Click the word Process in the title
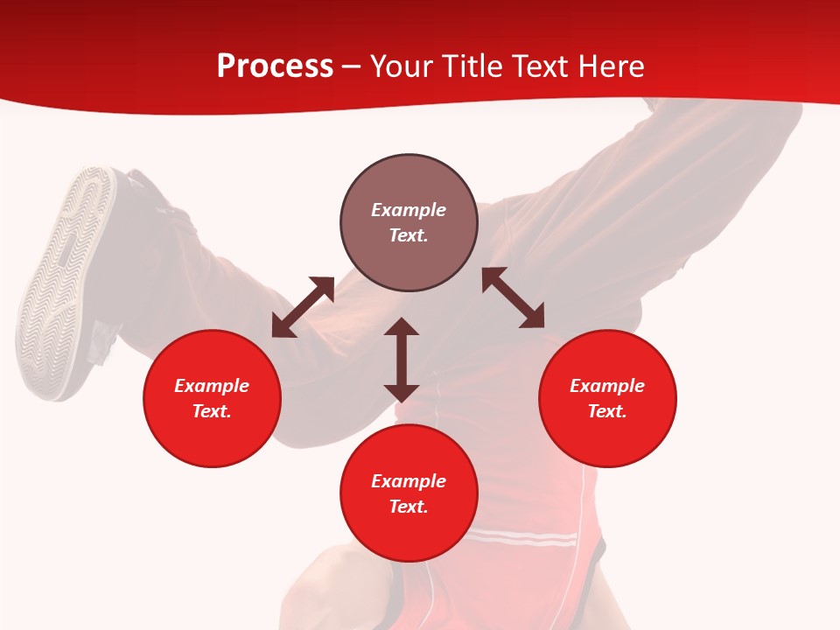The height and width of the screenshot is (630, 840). tap(275, 66)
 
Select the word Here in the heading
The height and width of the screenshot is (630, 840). tap(609, 66)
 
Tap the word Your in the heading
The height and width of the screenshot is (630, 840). tap(402, 66)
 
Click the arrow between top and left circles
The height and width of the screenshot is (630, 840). tap(303, 307)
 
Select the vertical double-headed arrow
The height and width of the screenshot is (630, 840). tap(402, 360)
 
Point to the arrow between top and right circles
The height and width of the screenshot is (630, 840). tap(513, 297)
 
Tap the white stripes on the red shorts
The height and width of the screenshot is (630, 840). tap(525, 536)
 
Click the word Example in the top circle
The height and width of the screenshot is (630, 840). tap(409, 210)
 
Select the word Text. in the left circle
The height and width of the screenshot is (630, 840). tap(212, 411)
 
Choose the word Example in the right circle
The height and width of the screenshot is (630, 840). tap(607, 386)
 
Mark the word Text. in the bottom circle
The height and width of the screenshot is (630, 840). tap(409, 507)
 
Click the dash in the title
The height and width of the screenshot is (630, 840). tap(352, 66)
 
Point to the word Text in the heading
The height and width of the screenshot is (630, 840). tap(535, 66)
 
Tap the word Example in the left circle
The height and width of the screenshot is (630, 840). tap(212, 386)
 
